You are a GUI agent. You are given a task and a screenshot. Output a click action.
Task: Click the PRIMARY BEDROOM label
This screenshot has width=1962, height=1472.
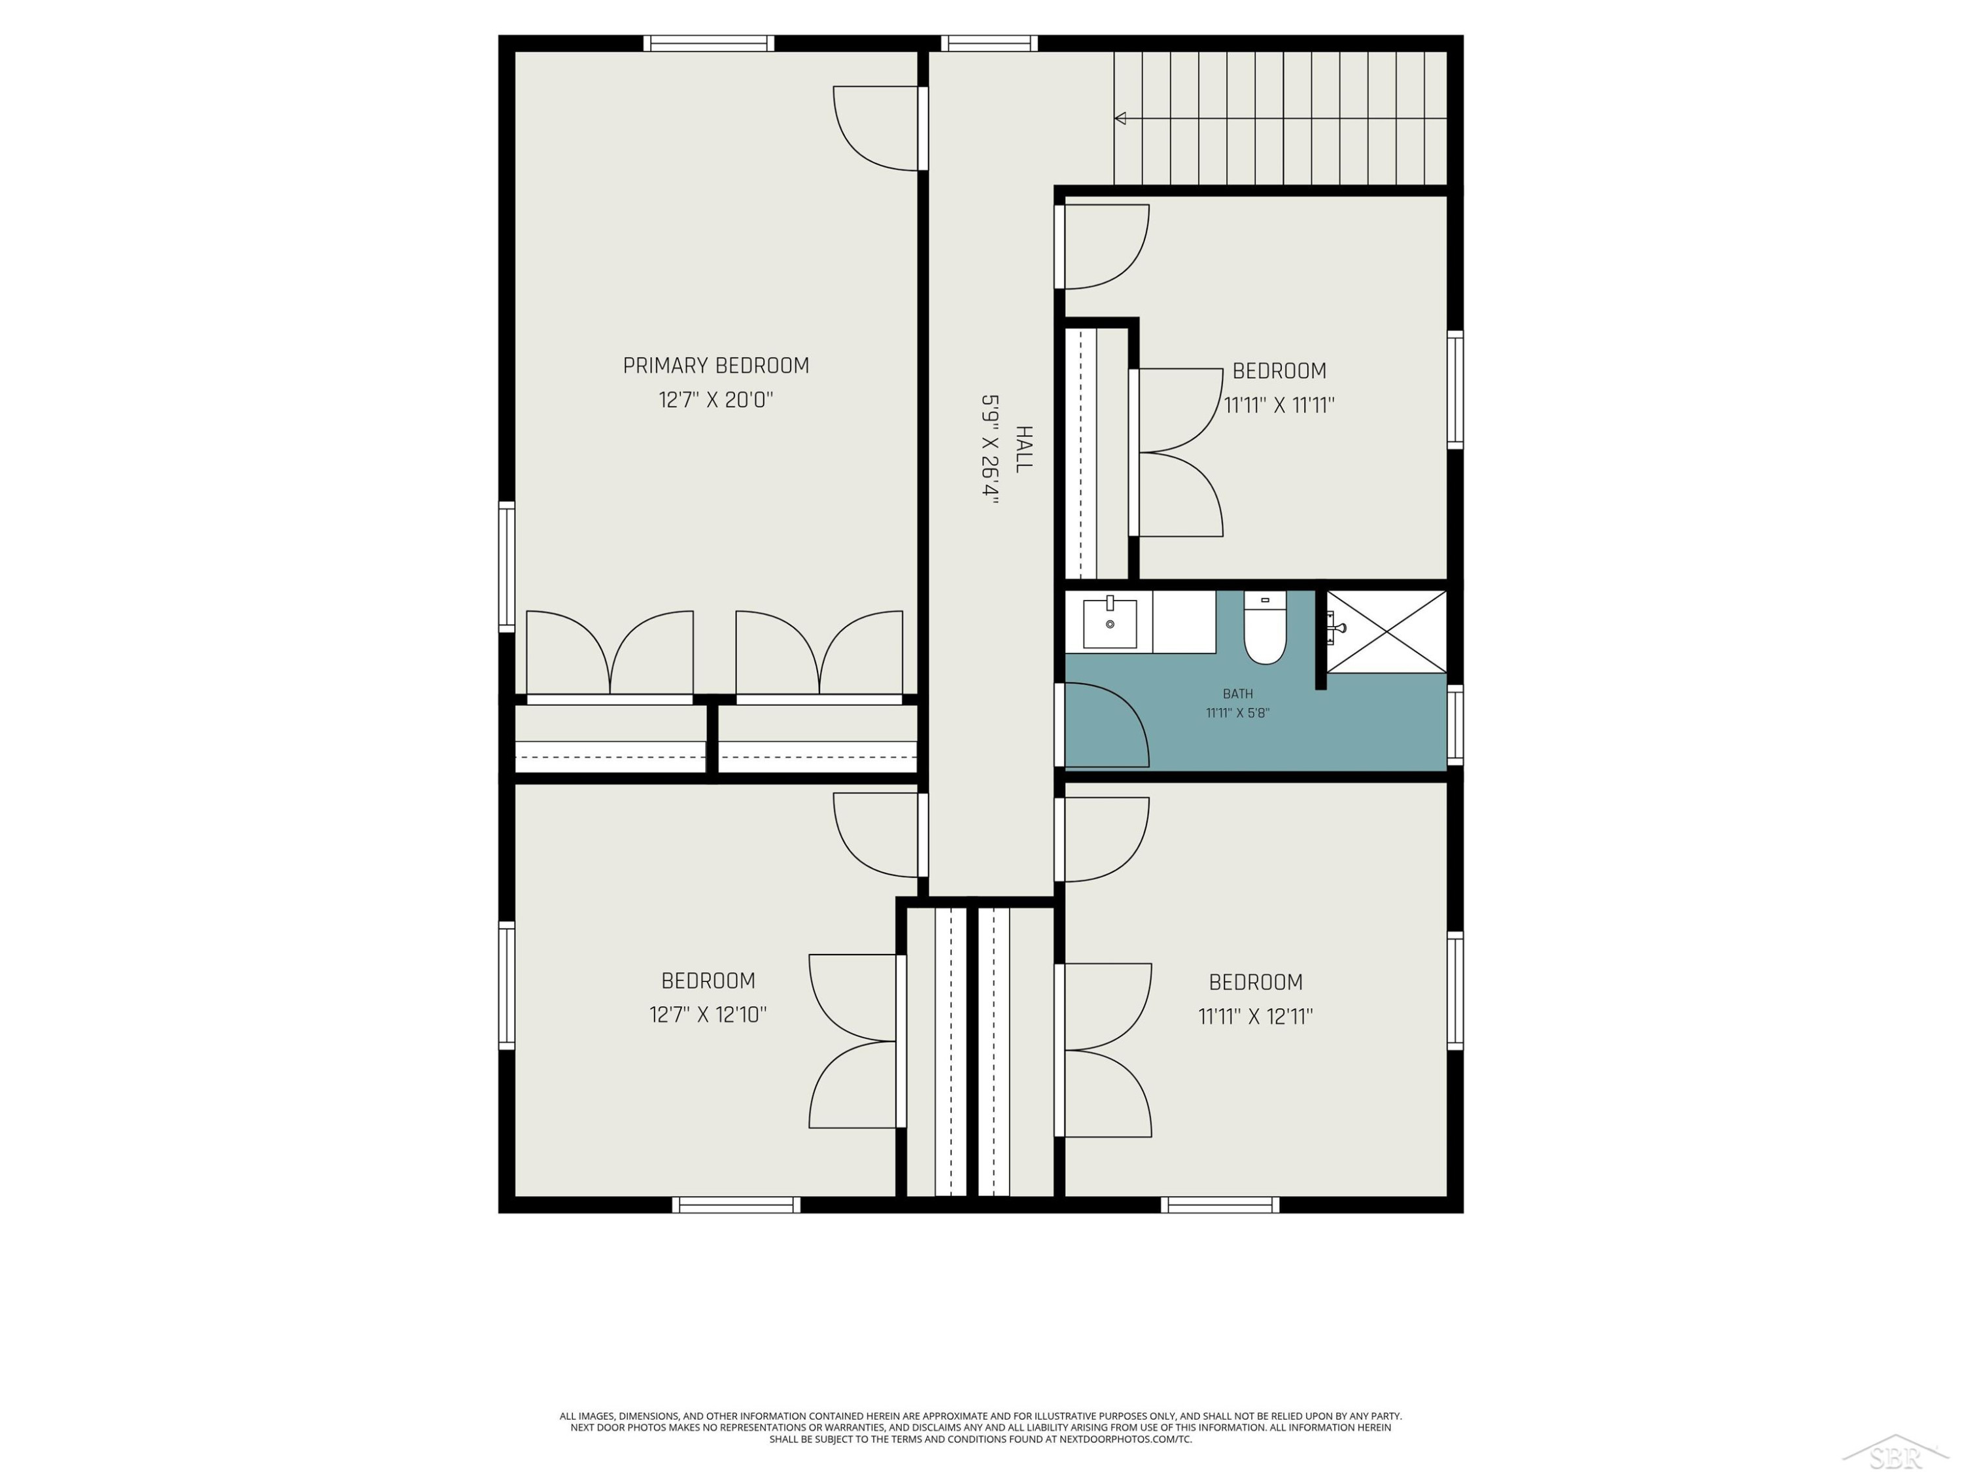715,366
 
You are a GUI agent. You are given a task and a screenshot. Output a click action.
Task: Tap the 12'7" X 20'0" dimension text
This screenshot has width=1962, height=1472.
715,400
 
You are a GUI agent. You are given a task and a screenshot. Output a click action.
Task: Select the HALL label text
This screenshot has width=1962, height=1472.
1024,449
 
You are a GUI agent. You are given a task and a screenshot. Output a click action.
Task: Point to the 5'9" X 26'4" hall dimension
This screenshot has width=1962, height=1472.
990,450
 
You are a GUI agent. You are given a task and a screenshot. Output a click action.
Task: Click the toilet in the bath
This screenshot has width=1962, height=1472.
1265,627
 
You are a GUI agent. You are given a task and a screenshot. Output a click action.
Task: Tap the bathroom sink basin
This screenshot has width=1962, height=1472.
1110,623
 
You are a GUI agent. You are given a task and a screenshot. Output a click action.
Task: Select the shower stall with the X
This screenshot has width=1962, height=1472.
1386,632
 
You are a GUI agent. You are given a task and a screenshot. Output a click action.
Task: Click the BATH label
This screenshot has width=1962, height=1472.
1237,694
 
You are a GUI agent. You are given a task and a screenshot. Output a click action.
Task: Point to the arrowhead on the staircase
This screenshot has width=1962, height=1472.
1120,118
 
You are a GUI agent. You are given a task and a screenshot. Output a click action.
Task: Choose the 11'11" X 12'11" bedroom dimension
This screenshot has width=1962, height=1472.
1255,1017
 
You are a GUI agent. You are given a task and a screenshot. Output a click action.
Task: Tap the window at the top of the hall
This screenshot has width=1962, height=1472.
989,43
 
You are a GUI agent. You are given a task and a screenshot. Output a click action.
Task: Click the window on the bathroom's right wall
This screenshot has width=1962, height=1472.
1454,725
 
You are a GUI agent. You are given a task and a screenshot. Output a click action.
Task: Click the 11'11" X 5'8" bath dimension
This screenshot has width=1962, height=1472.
1237,712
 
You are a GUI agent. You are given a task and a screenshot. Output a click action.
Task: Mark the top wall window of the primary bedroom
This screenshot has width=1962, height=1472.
709,43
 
